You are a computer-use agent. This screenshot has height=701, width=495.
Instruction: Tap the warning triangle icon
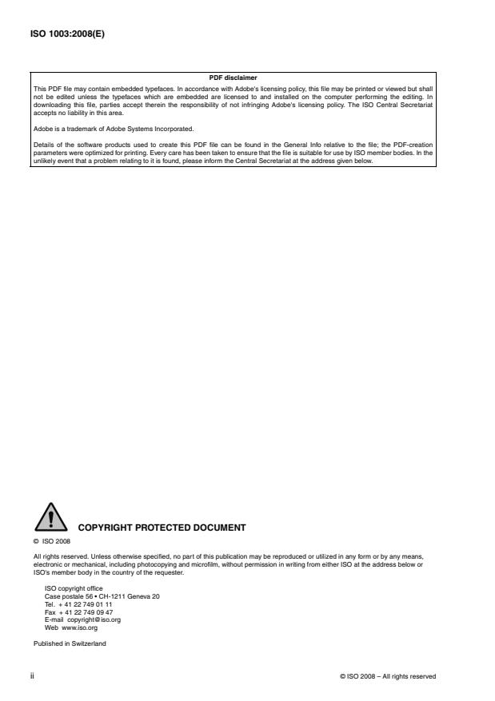(x=50, y=517)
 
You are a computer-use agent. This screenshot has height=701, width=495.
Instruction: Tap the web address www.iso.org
(x=80, y=628)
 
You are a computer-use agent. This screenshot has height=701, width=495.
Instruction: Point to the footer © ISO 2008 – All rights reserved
(x=388, y=677)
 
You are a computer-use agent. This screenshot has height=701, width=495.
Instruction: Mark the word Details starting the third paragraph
(x=43, y=142)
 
